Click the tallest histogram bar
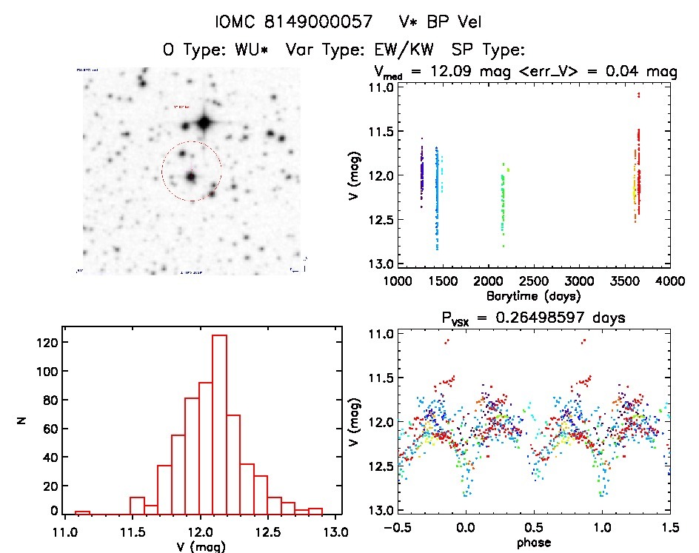tap(218, 422)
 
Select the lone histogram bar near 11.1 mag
tap(82, 512)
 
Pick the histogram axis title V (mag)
tap(201, 546)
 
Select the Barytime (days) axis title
tap(532, 295)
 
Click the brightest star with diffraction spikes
tap(204, 121)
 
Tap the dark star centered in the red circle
tap(191, 177)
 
